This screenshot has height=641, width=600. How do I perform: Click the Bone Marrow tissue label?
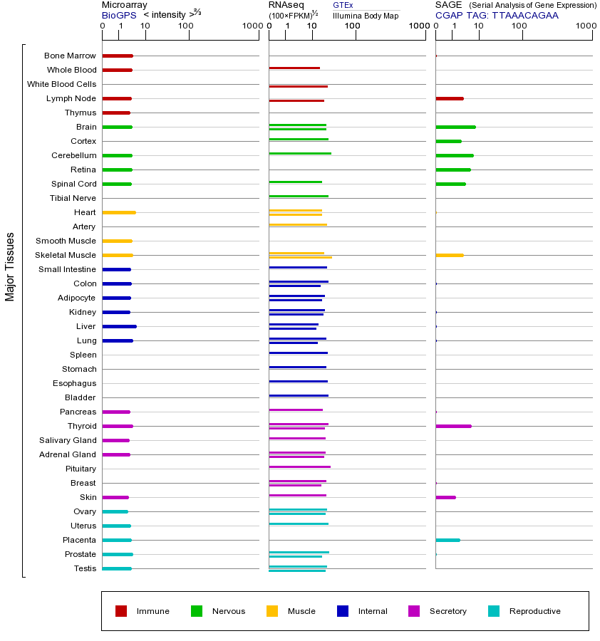pos(70,56)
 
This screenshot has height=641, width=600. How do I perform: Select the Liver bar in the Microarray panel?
pos(119,326)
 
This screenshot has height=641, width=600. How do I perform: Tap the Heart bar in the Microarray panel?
pos(119,212)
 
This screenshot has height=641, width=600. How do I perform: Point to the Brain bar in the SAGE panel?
pos(455,127)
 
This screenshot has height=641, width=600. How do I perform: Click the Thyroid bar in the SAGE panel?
pos(453,426)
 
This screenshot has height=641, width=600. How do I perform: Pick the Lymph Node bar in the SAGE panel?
pos(449,98)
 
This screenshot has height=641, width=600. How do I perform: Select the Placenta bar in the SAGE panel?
pos(448,540)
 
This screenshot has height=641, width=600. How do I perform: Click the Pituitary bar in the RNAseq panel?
pos(299,467)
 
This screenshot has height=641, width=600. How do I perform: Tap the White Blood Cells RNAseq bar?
pos(298,86)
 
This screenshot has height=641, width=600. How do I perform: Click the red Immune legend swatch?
pos(121,611)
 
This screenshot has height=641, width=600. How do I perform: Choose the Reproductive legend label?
pos(534,611)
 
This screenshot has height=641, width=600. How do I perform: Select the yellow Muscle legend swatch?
pos(272,611)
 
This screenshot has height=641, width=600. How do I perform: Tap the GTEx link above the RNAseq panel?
pos(343,5)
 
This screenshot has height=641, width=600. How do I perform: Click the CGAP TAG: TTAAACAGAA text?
pos(497,15)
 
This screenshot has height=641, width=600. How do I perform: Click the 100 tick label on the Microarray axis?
pos(186,26)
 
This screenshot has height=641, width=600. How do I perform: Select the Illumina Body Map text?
pos(366,15)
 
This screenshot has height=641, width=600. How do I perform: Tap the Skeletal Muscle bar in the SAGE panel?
pos(449,255)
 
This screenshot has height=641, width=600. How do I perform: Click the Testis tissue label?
pos(85,568)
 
